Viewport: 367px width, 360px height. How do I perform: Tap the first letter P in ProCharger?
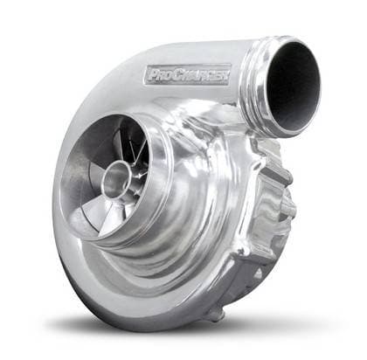tap(149, 78)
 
